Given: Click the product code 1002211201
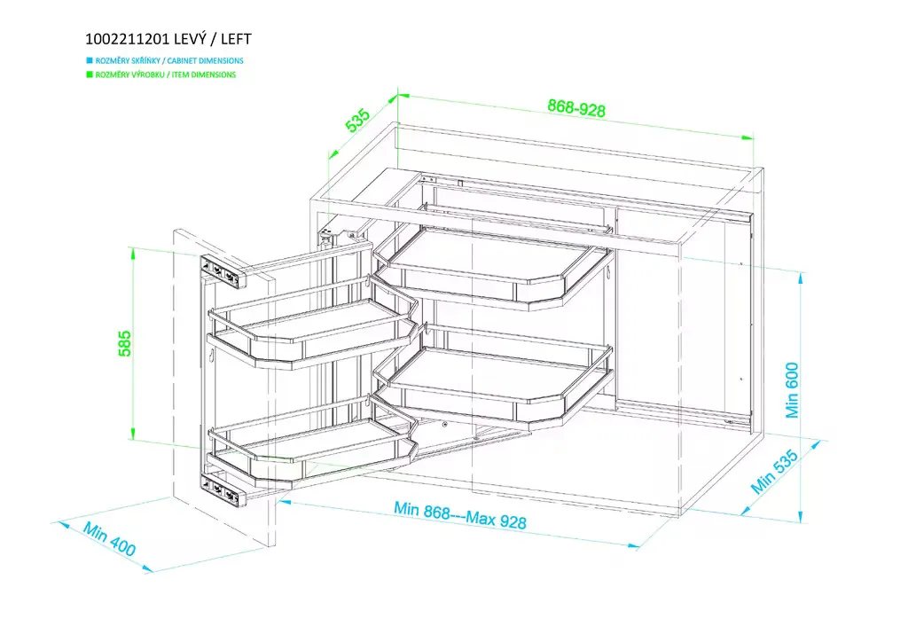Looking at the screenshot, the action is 128,39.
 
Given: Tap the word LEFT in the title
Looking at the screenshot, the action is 236,39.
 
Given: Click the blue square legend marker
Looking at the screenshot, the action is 90,60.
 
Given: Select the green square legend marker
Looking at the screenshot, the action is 90,74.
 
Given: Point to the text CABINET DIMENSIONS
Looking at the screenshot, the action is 206,60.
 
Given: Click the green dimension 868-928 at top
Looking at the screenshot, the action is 576,107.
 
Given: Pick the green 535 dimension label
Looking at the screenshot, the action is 357,120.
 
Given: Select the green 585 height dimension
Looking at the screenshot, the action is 124,343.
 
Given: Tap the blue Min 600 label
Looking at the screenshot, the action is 792,390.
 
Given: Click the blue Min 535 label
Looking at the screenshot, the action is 774,471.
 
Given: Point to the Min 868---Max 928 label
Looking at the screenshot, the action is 460,514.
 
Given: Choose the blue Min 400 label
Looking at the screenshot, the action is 109,539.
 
